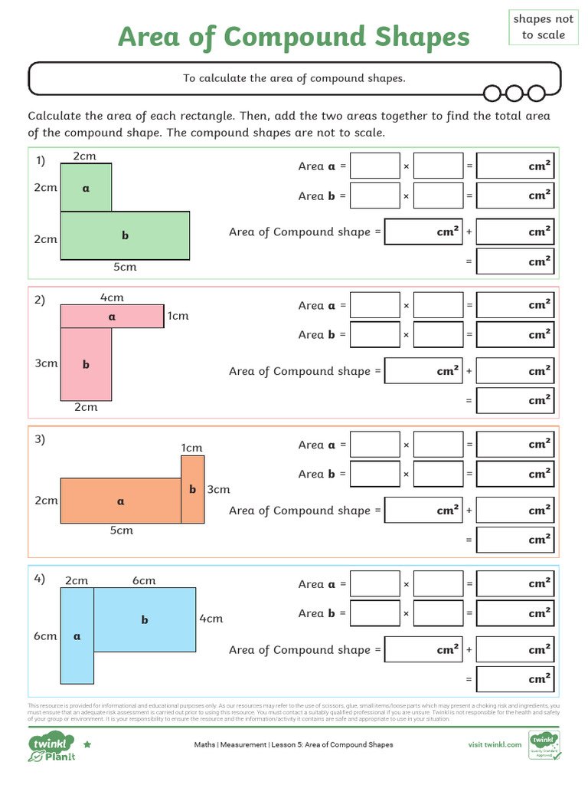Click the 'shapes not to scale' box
coord(543,27)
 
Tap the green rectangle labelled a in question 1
coord(86,187)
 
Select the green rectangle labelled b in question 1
coord(125,235)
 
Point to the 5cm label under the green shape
coord(126,268)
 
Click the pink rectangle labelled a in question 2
coord(112,316)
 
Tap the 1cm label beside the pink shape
coord(178,316)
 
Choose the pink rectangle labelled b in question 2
coord(86,364)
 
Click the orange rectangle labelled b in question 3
coord(193,489)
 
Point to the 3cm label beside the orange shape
coord(219,489)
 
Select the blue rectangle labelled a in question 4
coord(77,636)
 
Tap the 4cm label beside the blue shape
coord(211,619)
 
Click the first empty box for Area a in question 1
coord(374,166)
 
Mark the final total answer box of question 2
coord(514,400)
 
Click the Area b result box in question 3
coord(514,474)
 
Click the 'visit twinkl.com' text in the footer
coord(495,744)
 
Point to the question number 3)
coord(40,439)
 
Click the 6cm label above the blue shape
coord(144,580)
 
